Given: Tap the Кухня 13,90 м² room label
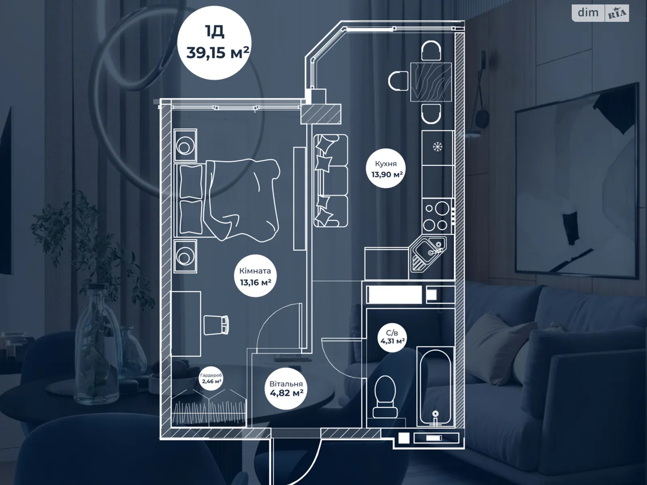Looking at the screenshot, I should pyautogui.click(x=387, y=169).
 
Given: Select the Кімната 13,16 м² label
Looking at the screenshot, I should pyautogui.click(x=255, y=276).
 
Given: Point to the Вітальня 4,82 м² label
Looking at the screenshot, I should pyautogui.click(x=286, y=388).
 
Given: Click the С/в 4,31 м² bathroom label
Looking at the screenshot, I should pyautogui.click(x=392, y=337).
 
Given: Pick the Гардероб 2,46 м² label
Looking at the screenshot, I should pyautogui.click(x=211, y=378).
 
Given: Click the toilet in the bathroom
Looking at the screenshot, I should pyautogui.click(x=385, y=396).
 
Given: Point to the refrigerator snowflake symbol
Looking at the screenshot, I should pyautogui.click(x=437, y=146).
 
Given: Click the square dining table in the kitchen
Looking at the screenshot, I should pyautogui.click(x=431, y=82).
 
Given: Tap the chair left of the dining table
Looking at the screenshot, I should pyautogui.click(x=399, y=81).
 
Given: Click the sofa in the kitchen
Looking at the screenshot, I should pyautogui.click(x=330, y=181).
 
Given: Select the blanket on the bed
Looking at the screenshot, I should pyautogui.click(x=243, y=198).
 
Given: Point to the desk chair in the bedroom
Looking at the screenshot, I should pyautogui.click(x=216, y=325).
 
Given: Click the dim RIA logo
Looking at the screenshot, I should pyautogui.click(x=600, y=13).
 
